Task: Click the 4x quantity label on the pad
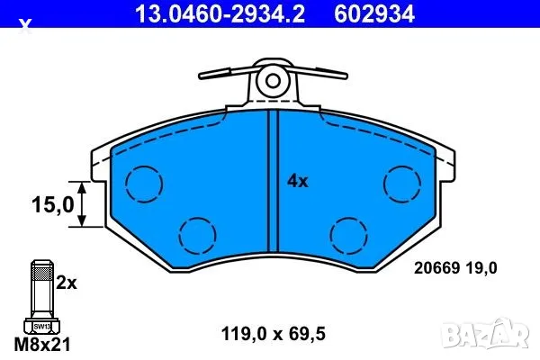tap(297, 181)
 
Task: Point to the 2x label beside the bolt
tap(67, 282)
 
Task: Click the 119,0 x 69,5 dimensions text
tap(272, 332)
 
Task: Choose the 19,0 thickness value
tap(479, 266)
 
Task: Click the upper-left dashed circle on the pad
tap(143, 184)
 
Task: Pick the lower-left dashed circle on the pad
tap(197, 236)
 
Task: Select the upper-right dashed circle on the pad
tap(402, 184)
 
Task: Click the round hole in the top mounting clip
tap(271, 82)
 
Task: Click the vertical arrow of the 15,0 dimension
tap(84, 205)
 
